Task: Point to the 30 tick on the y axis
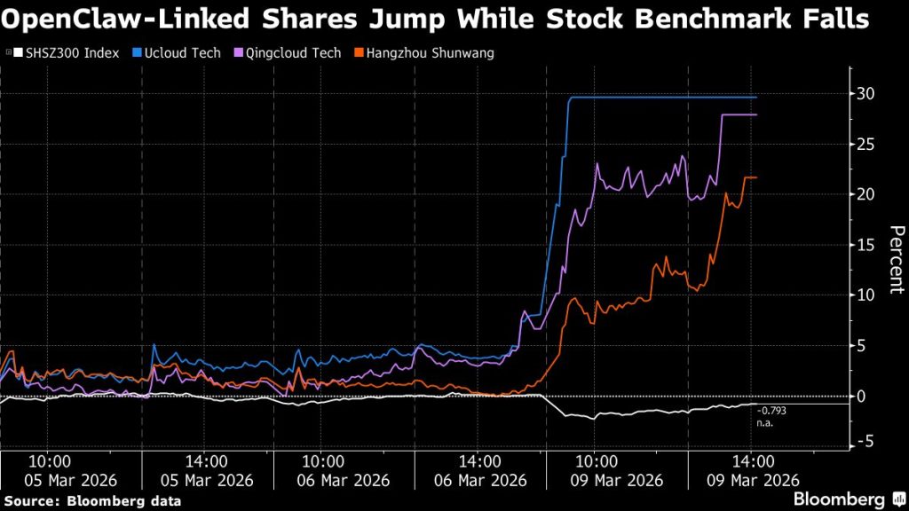point(867,93)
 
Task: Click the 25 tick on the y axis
point(867,144)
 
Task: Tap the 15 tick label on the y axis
point(867,244)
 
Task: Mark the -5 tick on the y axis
point(867,441)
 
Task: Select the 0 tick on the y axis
point(871,396)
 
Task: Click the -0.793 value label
point(772,411)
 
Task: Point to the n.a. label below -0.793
point(765,423)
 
